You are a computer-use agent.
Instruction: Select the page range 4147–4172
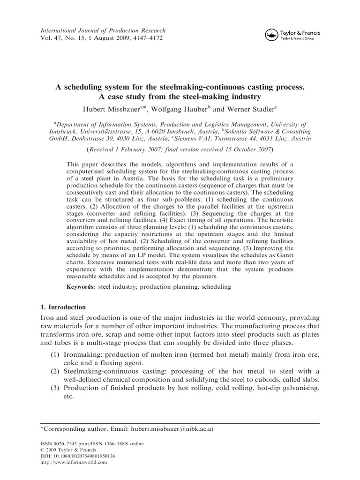tap(142, 38)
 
